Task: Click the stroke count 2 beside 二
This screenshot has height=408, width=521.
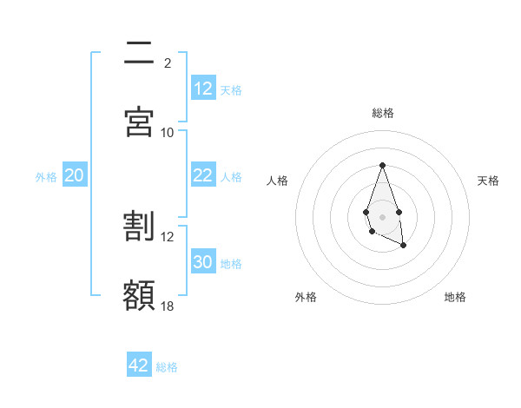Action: [168, 63]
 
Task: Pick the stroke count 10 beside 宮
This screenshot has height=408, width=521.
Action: [168, 132]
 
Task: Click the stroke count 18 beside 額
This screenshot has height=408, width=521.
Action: [168, 306]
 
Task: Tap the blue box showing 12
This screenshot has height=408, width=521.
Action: [203, 88]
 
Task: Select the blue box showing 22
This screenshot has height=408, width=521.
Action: [203, 175]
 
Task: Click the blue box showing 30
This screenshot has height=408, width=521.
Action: [203, 262]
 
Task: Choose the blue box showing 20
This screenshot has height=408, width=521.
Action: [75, 175]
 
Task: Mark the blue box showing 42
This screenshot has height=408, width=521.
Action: [139, 365]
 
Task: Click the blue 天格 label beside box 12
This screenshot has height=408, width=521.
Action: [231, 89]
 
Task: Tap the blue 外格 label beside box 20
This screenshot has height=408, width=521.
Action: [46, 177]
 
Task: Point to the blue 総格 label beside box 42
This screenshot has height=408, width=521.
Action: [167, 367]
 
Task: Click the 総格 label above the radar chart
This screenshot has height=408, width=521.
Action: [382, 113]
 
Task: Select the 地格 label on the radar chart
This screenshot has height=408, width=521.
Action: [455, 298]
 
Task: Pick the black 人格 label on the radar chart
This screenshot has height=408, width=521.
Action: [278, 181]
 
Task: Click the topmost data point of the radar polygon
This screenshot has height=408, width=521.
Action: [382, 165]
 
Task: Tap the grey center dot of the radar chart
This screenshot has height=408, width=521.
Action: [382, 215]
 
